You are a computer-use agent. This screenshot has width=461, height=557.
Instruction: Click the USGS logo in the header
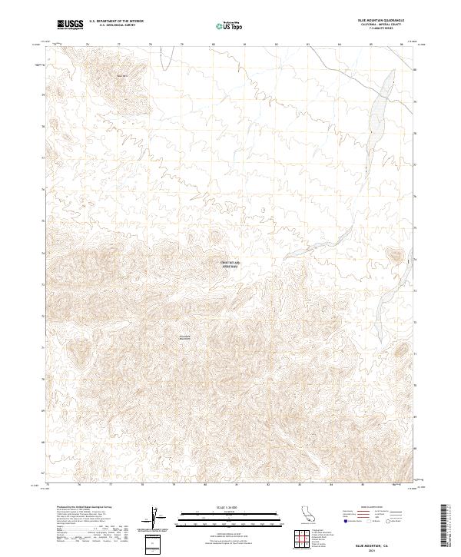pyautogui.click(x=71, y=25)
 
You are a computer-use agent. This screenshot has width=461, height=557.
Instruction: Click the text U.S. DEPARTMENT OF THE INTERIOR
pyautogui.click(x=117, y=22)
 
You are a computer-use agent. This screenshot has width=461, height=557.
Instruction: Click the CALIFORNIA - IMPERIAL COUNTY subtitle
pyautogui.click(x=383, y=25)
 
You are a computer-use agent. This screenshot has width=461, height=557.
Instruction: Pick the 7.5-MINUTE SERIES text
pyautogui.click(x=383, y=28)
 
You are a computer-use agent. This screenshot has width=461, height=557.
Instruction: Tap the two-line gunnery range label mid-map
pyautogui.click(x=230, y=265)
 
